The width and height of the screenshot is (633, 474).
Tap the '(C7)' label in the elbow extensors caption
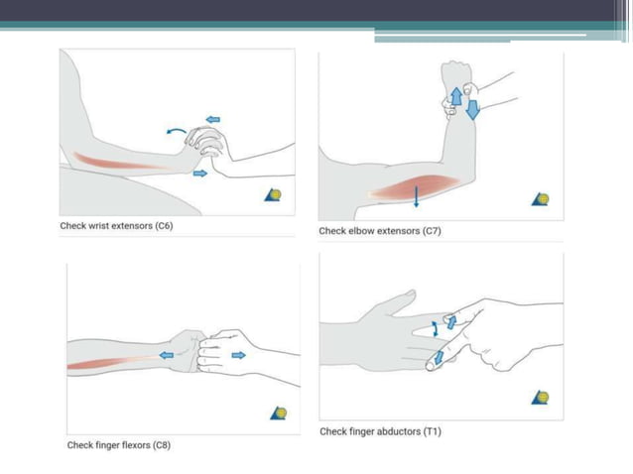(x=432, y=231)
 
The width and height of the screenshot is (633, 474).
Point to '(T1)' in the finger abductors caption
(x=432, y=431)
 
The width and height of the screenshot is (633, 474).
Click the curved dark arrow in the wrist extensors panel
(x=175, y=131)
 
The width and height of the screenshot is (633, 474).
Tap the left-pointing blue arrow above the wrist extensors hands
(x=212, y=120)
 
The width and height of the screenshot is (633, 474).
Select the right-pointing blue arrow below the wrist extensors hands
(x=200, y=174)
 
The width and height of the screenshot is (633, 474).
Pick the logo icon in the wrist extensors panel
(x=274, y=194)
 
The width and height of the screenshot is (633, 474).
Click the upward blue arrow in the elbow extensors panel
(x=455, y=96)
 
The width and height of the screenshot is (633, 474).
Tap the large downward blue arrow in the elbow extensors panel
(x=472, y=107)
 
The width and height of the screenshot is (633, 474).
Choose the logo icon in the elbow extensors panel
(x=541, y=198)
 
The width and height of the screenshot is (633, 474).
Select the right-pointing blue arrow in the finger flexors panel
(x=238, y=354)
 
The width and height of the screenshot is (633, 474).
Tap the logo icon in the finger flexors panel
(x=279, y=412)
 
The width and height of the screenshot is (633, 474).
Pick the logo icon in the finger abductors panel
(x=541, y=398)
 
